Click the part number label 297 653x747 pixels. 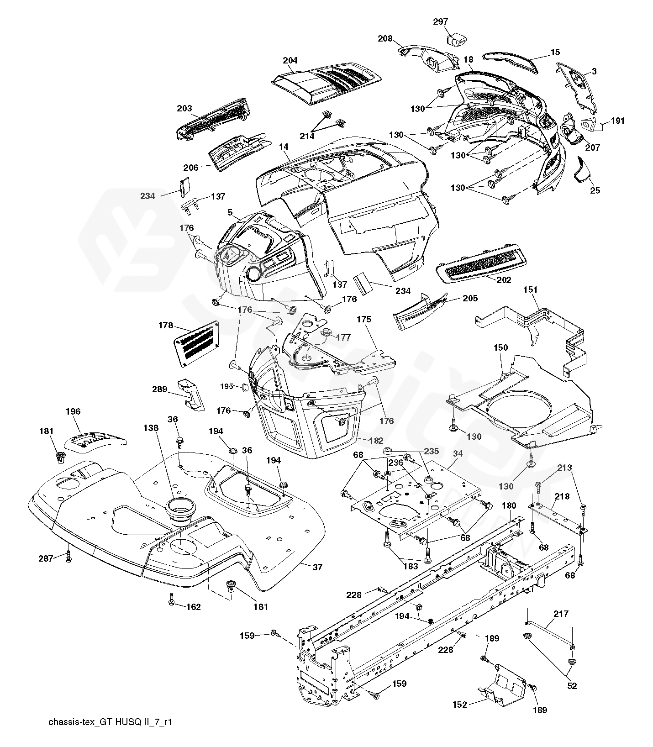tap(441, 21)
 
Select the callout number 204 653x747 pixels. tap(290, 60)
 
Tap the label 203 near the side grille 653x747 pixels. tap(184, 108)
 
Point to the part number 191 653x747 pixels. tap(617, 121)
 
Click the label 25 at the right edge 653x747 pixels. tap(595, 190)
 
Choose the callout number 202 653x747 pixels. tap(504, 280)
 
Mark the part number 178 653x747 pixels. tap(166, 325)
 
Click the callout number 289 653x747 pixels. tap(160, 389)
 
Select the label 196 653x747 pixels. tap(73, 411)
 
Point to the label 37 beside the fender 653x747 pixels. tap(317, 567)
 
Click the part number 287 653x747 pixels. tap(46, 557)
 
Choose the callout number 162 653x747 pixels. tap(194, 607)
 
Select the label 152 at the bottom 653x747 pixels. tap(460, 705)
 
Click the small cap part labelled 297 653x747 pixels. tap(455, 39)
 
